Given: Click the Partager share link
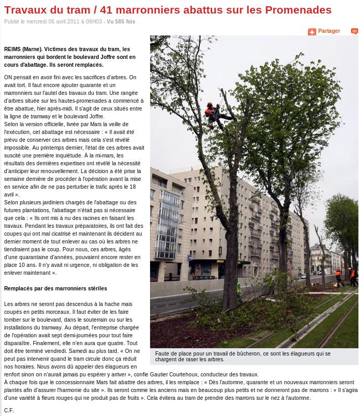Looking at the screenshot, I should point(329,31).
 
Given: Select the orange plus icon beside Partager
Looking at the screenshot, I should point(312,32).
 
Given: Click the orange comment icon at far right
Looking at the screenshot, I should point(354,32).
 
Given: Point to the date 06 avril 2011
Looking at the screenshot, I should point(67,22).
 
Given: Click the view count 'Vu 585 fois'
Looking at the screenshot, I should point(121,22).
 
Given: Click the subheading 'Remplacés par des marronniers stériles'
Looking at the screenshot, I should point(55,288).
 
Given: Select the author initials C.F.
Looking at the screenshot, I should point(9,410).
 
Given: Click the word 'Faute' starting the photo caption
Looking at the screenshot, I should point(163,353).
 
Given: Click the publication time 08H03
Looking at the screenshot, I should point(94,22).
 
